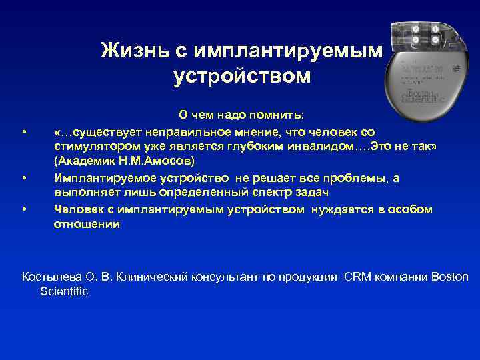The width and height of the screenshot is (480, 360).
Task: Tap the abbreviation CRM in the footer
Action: pos(359,277)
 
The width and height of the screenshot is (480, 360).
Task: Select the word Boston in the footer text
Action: pos(450,277)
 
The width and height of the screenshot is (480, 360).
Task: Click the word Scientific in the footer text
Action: pos(64,291)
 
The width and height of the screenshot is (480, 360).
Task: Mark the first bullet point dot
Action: pos(24,133)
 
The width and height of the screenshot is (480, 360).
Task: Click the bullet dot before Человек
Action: pos(24,209)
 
